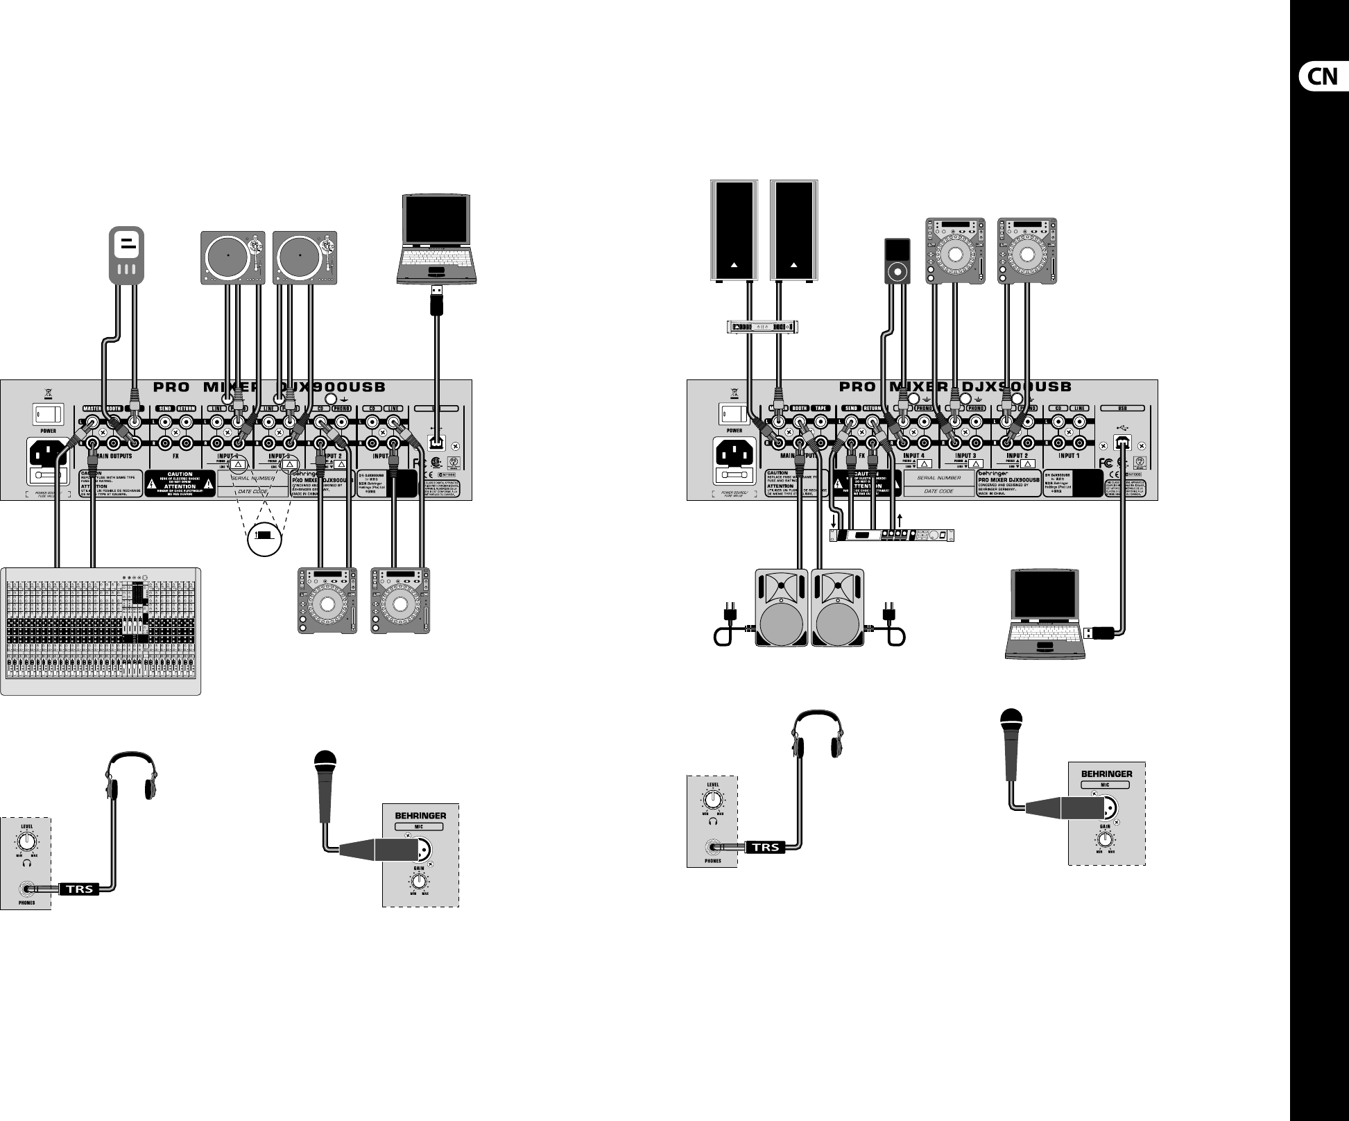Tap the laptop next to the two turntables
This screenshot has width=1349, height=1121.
[x=437, y=239]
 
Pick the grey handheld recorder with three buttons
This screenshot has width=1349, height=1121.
[x=126, y=255]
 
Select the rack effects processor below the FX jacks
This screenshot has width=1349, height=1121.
[x=892, y=535]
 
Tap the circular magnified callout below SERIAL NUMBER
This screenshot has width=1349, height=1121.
[x=264, y=538]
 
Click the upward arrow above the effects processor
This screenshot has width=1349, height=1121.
[x=900, y=519]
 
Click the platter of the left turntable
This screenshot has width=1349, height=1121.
[x=228, y=255]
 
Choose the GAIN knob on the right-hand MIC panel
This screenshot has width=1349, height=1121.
[x=1106, y=839]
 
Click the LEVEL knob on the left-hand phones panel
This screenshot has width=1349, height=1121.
[x=26, y=841]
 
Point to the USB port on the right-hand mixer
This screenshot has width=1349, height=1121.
[x=1122, y=441]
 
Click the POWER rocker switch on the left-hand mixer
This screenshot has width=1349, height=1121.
[x=47, y=416]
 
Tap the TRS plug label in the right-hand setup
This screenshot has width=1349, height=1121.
[x=766, y=846]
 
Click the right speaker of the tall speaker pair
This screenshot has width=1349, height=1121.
[x=793, y=230]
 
